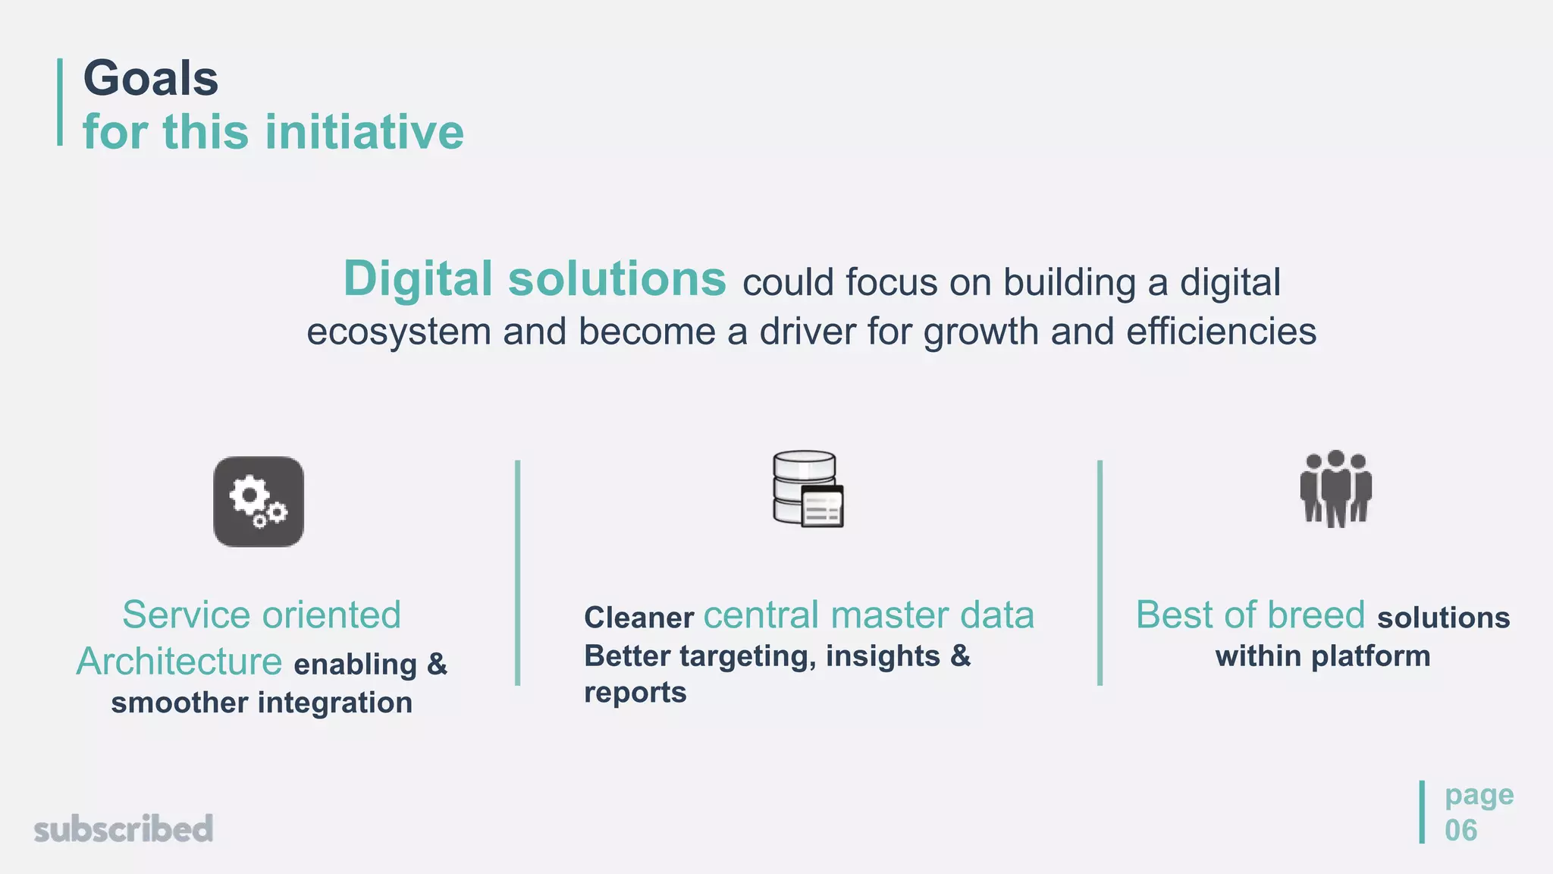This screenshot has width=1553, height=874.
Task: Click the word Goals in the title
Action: [150, 79]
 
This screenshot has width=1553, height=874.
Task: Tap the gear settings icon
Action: [259, 501]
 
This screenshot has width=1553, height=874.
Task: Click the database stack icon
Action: [808, 489]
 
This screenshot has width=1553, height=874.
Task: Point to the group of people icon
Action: [1335, 489]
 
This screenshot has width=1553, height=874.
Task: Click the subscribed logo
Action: [124, 828]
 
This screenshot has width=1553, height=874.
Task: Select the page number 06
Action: [1460, 831]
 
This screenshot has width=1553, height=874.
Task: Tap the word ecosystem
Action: [398, 332]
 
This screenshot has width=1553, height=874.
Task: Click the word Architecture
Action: [179, 662]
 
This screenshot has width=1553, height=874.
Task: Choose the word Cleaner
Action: [638, 618]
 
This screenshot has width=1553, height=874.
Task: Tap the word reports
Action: [635, 693]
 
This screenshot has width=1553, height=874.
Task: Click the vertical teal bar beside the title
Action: [60, 102]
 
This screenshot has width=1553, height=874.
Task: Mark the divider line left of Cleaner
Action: [517, 573]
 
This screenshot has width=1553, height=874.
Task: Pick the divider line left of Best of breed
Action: [1100, 573]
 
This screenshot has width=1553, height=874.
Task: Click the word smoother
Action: [179, 703]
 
